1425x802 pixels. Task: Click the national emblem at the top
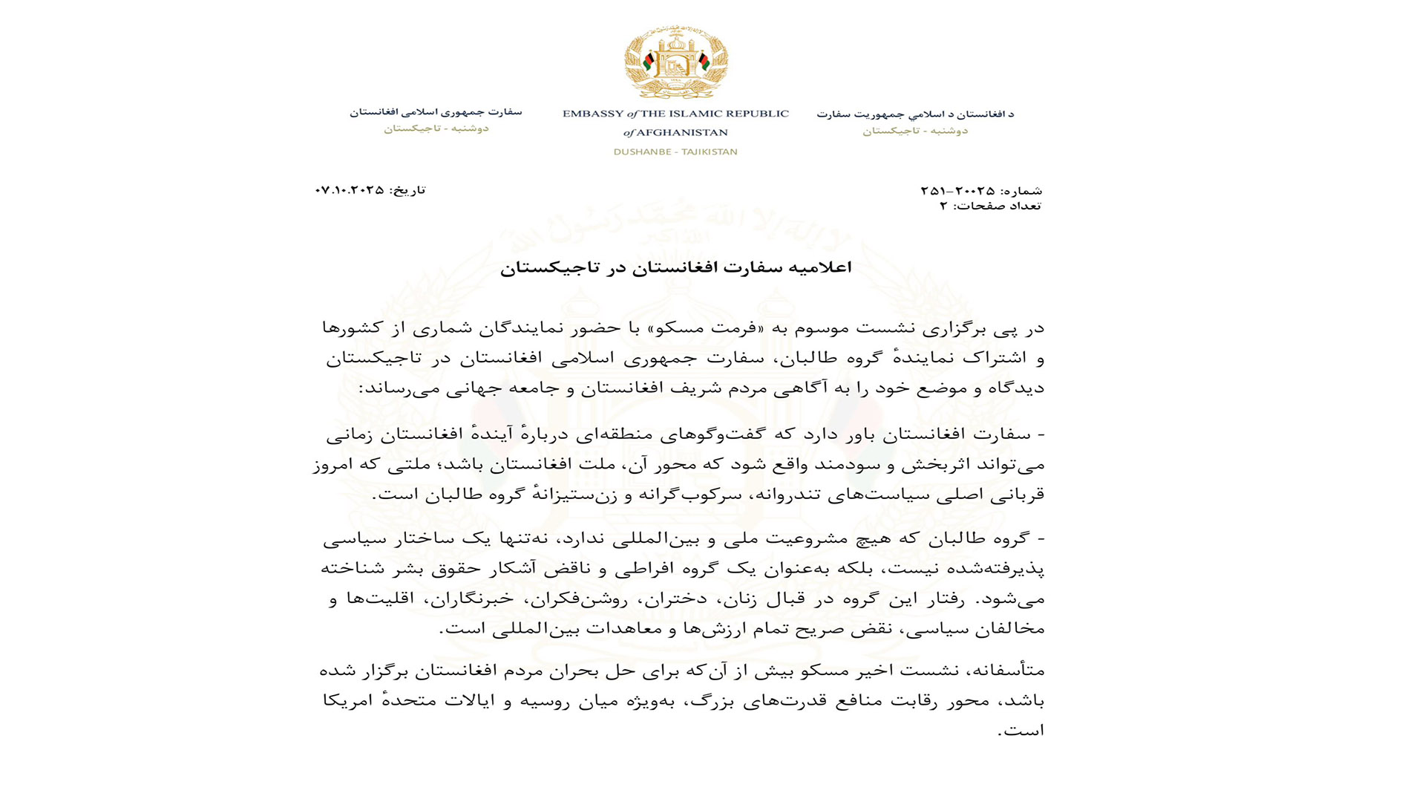click(675, 62)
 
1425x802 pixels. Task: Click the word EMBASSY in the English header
click(592, 114)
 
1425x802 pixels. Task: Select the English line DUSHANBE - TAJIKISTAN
click(675, 151)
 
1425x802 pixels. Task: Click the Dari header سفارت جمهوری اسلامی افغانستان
click(436, 112)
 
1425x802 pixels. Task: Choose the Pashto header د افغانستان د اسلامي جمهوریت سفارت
click(914, 114)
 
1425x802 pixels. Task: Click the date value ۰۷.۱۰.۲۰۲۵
click(350, 190)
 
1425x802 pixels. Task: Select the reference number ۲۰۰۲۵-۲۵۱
click(957, 191)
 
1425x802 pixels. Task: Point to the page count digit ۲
click(943, 206)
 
